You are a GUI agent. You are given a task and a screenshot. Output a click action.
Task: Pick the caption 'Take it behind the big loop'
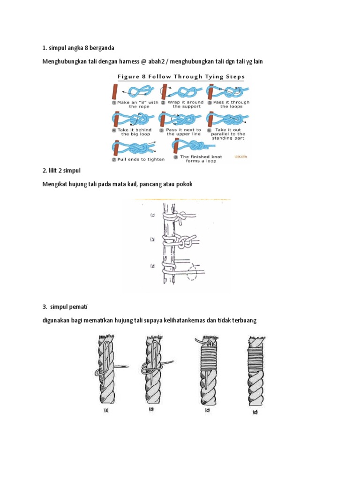(x=135, y=132)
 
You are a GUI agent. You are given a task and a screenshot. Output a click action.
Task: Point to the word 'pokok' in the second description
(x=183, y=184)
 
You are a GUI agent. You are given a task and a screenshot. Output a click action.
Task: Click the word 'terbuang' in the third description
(x=244, y=321)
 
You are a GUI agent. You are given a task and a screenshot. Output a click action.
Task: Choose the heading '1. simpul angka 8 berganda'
(x=78, y=47)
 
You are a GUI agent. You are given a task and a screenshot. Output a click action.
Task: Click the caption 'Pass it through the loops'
(x=231, y=104)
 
